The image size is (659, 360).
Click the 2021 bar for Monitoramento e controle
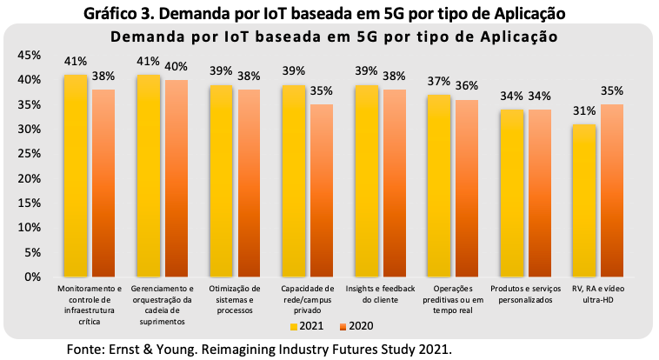click(x=76, y=176)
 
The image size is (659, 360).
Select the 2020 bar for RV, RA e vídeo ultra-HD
click(x=612, y=190)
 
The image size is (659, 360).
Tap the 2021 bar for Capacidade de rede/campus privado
click(x=293, y=181)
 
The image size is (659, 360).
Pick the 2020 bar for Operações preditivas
click(x=467, y=188)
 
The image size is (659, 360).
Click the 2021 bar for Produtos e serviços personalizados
click(x=511, y=193)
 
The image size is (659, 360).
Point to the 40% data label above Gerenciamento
click(x=176, y=66)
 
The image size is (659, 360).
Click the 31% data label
click(x=584, y=111)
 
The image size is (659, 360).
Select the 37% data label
click(x=439, y=81)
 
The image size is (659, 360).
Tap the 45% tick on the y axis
click(x=29, y=56)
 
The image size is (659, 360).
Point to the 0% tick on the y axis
click(x=32, y=277)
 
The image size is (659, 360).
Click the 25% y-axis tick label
click(x=29, y=154)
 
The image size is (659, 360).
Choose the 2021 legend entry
click(x=307, y=326)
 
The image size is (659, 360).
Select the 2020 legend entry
click(x=356, y=326)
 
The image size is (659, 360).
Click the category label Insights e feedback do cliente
click(x=380, y=294)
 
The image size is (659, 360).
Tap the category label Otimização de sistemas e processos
click(x=235, y=299)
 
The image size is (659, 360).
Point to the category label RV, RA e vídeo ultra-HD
click(x=598, y=294)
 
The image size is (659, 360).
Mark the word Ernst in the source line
click(x=122, y=350)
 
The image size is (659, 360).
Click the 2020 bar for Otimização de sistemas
click(x=249, y=183)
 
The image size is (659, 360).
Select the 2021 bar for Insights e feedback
click(x=366, y=181)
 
